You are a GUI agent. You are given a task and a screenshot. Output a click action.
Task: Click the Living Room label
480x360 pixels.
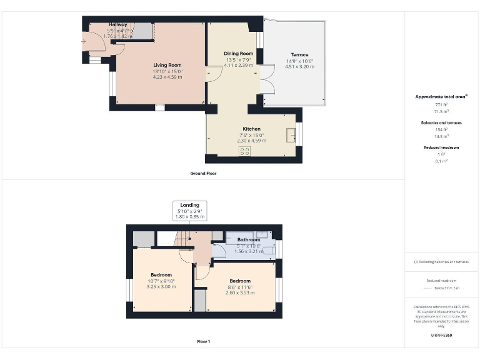click(x=167, y=65)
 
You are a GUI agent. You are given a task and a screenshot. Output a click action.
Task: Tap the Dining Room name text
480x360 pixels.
click(x=239, y=54)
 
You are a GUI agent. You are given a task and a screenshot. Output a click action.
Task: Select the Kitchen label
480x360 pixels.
click(x=251, y=129)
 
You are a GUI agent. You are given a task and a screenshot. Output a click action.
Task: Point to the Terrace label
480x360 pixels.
click(x=299, y=55)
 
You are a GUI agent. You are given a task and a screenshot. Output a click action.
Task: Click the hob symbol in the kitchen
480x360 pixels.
click(x=244, y=151)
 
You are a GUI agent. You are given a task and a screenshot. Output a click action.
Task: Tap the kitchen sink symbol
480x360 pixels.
click(x=291, y=136)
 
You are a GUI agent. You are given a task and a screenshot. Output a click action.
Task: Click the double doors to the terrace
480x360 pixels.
click(x=267, y=86)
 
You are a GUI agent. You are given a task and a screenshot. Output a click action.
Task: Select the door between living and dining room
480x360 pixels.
click(x=213, y=74)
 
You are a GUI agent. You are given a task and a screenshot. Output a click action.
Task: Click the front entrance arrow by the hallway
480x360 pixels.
click(x=84, y=42)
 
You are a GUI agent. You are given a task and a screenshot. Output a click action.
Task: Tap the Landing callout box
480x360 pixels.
click(x=190, y=211)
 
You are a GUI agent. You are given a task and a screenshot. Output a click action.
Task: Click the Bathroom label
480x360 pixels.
click(x=248, y=239)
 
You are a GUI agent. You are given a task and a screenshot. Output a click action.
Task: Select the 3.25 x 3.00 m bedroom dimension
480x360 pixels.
click(x=161, y=287)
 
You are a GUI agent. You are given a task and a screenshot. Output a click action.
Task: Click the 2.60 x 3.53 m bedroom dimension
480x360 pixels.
click(x=239, y=292)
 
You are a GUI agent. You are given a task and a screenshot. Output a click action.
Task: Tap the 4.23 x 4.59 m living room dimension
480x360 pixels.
click(x=167, y=77)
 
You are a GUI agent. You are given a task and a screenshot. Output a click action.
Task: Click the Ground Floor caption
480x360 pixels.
click(x=203, y=173)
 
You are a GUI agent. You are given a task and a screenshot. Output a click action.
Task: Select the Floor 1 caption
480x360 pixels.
click(x=203, y=342)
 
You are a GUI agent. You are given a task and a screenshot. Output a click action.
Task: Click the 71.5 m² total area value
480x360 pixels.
click(x=442, y=111)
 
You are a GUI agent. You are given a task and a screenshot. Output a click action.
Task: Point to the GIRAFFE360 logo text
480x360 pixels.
click(x=441, y=336)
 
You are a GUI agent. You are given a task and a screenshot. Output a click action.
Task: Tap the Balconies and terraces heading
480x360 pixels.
click(x=442, y=123)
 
